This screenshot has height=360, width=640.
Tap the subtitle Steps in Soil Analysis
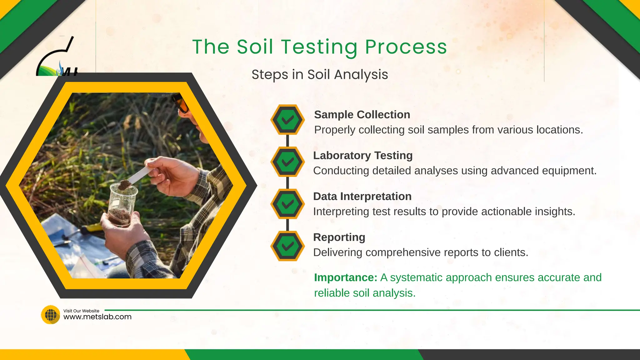[320, 75]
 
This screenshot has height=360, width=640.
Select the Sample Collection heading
[362, 115]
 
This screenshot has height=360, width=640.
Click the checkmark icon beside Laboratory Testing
[287, 162]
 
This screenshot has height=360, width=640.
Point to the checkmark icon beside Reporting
[287, 246]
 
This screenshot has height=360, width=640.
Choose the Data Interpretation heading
[362, 197]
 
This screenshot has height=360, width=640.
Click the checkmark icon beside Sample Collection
[287, 120]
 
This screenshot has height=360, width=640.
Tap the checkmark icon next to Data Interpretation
[287, 204]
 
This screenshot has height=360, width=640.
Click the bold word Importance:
[346, 277]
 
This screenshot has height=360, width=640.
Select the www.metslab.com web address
[97, 317]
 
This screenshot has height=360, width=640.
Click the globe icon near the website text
[51, 315]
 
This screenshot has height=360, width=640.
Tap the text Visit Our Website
[81, 311]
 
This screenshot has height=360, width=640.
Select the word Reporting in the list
[339, 237]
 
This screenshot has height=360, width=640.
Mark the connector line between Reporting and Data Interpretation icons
[287, 225]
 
